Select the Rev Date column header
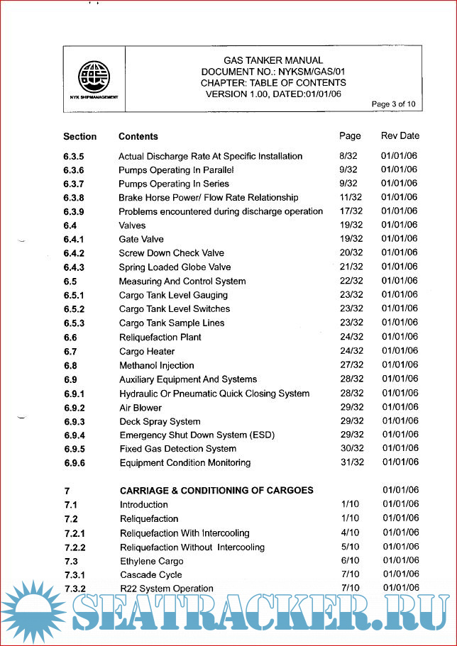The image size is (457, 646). click(400, 135)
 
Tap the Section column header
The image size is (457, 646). click(79, 136)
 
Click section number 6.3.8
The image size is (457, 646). click(74, 198)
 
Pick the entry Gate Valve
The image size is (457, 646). click(141, 240)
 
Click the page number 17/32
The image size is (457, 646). click(351, 211)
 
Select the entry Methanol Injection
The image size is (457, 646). click(157, 365)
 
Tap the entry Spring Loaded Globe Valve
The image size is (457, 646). click(175, 267)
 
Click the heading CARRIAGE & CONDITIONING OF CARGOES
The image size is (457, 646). click(216, 490)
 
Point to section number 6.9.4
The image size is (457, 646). click(74, 435)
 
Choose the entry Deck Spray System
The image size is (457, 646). click(160, 421)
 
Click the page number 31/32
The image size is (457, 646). click(351, 462)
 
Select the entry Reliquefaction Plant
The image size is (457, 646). click(160, 338)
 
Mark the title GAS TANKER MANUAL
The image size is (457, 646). click(273, 60)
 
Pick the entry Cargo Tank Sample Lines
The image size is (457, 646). click(172, 323)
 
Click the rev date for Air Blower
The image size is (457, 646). click(400, 407)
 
